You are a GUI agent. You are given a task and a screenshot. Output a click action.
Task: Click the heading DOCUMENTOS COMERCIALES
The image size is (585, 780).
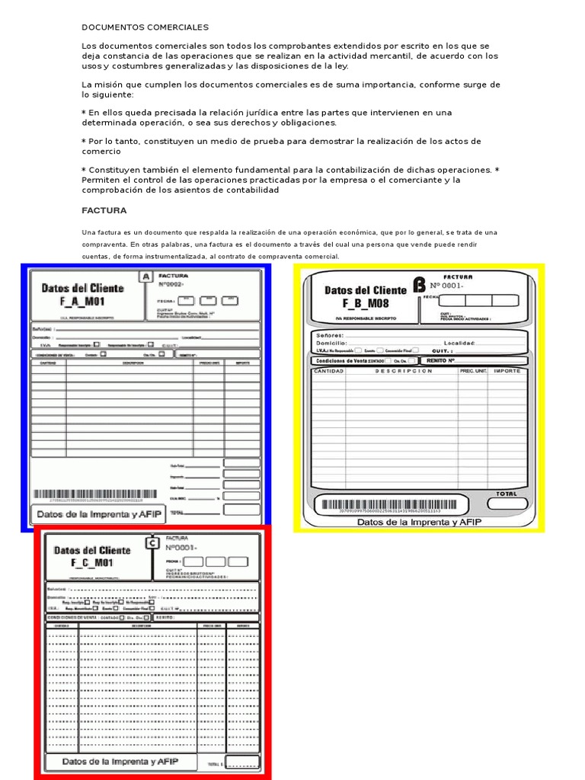(145, 27)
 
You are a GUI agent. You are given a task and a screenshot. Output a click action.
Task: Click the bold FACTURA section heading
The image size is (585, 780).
(104, 210)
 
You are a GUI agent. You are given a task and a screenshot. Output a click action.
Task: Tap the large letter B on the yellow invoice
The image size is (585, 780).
(418, 285)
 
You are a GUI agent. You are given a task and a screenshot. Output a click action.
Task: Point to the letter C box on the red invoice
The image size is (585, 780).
(151, 544)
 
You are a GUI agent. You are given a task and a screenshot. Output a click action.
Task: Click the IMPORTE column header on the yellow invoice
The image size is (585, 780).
(507, 371)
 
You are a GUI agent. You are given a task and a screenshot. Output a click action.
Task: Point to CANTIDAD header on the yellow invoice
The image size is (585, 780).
(329, 371)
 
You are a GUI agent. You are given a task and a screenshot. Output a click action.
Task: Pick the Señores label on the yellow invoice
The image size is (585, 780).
(331, 334)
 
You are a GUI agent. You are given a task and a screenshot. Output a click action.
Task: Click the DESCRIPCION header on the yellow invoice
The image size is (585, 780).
(402, 371)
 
